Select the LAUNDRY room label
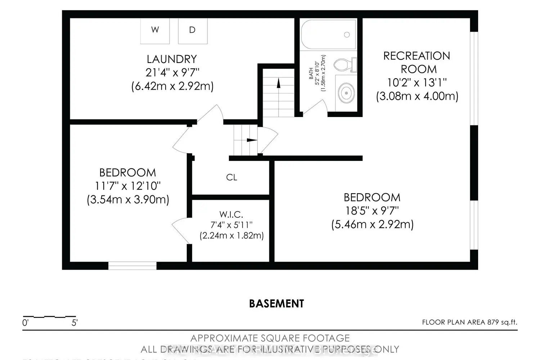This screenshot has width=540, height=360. click(x=172, y=59)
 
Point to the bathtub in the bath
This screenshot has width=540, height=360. click(x=328, y=35)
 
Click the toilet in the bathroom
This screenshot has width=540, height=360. click(x=344, y=65)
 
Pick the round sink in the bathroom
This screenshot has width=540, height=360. click(x=346, y=93)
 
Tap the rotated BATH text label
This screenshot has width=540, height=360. click(x=311, y=73)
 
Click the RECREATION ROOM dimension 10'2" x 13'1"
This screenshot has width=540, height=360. click(x=417, y=83)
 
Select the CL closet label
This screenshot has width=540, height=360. click(x=231, y=177)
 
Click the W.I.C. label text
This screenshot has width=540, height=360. click(x=231, y=215)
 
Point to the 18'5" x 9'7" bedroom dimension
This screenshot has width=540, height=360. click(x=372, y=211)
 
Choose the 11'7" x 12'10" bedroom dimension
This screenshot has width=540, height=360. click(x=128, y=186)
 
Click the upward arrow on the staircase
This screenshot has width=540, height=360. click(x=278, y=84)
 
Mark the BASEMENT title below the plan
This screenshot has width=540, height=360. click(x=276, y=303)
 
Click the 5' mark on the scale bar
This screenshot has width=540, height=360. click(x=75, y=323)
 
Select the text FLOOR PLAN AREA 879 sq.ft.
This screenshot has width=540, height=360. click(x=469, y=322)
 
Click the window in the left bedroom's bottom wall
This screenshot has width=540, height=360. click(x=132, y=266)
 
